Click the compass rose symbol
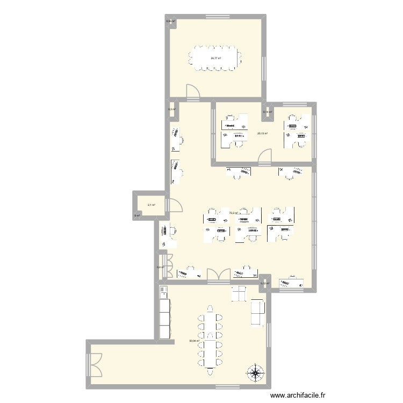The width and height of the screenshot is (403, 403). tap(255, 372)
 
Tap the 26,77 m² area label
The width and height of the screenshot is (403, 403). tap(217, 58)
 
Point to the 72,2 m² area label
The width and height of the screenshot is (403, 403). tap(234, 213)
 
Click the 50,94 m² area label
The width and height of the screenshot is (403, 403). tap(194, 340)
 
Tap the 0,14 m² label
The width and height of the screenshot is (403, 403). tap(267, 112)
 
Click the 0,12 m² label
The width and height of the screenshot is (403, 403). tap(264, 284)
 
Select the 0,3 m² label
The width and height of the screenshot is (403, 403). tap(170, 109)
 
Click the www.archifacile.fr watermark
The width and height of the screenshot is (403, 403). tap(298, 395)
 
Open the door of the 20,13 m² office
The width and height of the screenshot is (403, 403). tap(264, 156)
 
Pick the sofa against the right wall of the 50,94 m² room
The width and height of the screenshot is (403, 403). tap(257, 312)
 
